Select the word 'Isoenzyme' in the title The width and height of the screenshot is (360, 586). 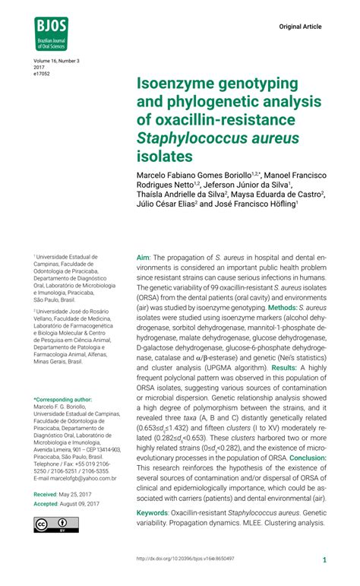point(179,83)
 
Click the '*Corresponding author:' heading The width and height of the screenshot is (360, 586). point(63,399)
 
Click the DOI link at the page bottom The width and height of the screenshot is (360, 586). point(185,559)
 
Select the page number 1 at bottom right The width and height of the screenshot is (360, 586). point(324,559)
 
